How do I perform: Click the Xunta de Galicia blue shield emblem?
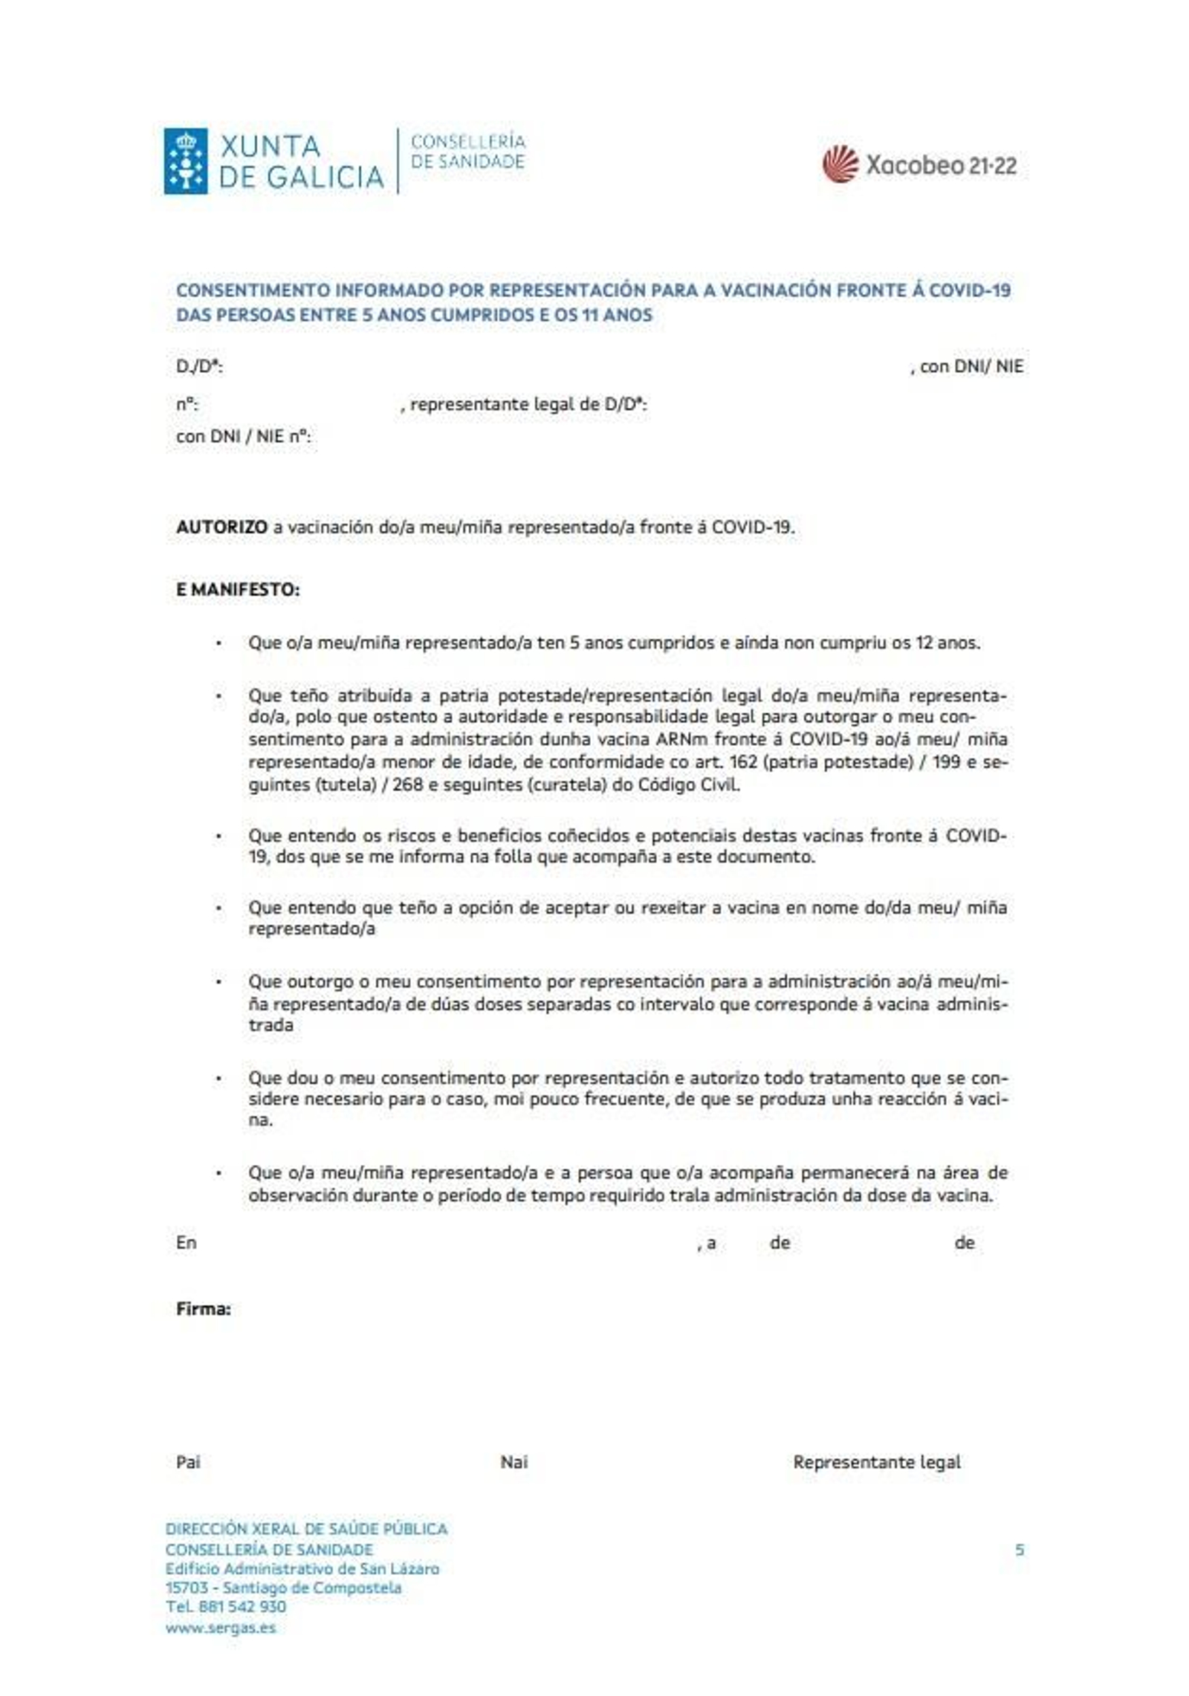pyautogui.click(x=185, y=161)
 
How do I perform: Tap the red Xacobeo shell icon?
pyautogui.click(x=840, y=163)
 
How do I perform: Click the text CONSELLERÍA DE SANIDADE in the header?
pyautogui.click(x=467, y=152)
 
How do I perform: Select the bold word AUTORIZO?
pyautogui.click(x=221, y=527)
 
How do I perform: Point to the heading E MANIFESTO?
pyautogui.click(x=238, y=590)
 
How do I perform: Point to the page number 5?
pyautogui.click(x=1020, y=1550)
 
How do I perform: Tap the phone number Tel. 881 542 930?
pyautogui.click(x=225, y=1607)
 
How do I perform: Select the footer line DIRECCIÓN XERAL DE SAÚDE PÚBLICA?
pyautogui.click(x=306, y=1529)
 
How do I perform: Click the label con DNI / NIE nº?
pyautogui.click(x=243, y=437)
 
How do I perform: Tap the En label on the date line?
pyautogui.click(x=186, y=1243)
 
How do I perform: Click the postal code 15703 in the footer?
pyautogui.click(x=187, y=1588)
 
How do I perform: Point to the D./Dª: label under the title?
pyautogui.click(x=199, y=366)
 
